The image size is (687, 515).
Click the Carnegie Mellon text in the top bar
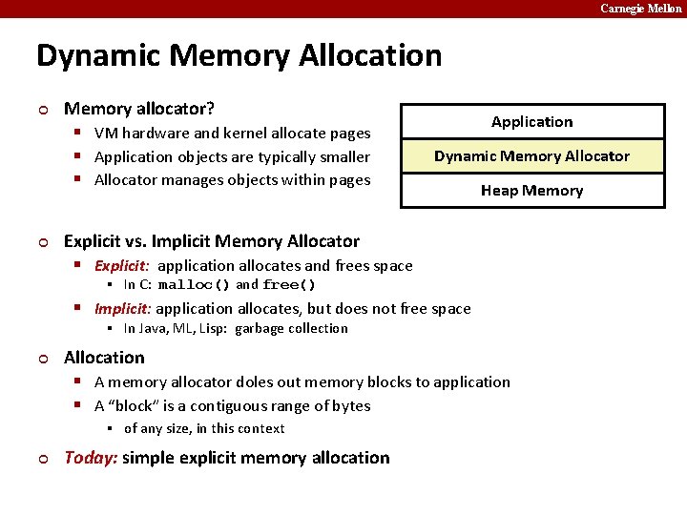click(640, 9)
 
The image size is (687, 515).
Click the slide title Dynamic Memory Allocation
click(239, 55)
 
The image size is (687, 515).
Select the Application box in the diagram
click(531, 122)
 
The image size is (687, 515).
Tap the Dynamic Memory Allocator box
click(531, 156)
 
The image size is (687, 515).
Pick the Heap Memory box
click(531, 191)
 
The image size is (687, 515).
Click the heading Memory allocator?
click(139, 110)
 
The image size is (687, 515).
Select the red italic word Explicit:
click(122, 266)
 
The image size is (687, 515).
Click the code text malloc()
click(195, 285)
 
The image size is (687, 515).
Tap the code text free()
click(289, 285)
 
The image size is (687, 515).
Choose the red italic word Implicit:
click(122, 309)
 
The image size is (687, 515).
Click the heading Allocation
click(104, 358)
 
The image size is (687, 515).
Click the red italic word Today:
click(91, 458)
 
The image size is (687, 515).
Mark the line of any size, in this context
click(204, 429)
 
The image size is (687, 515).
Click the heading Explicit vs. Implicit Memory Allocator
click(212, 241)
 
